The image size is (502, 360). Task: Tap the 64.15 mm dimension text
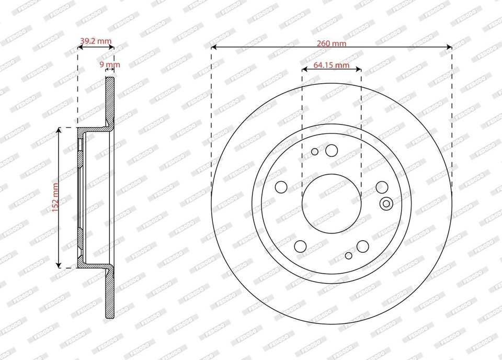coord(332,65)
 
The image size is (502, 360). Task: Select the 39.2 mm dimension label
coord(96,40)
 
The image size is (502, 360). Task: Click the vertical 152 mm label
coord(55,197)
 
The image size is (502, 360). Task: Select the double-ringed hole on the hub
coord(387,204)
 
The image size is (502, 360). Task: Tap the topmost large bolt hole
coord(332,151)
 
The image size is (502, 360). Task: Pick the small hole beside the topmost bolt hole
coord(315,152)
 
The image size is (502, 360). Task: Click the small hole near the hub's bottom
coord(349,255)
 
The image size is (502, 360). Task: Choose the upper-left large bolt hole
coord(281,187)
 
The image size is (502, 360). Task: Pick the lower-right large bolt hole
coord(362,246)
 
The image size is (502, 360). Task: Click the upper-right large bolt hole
coord(382,187)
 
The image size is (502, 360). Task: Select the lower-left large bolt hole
coord(301,246)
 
